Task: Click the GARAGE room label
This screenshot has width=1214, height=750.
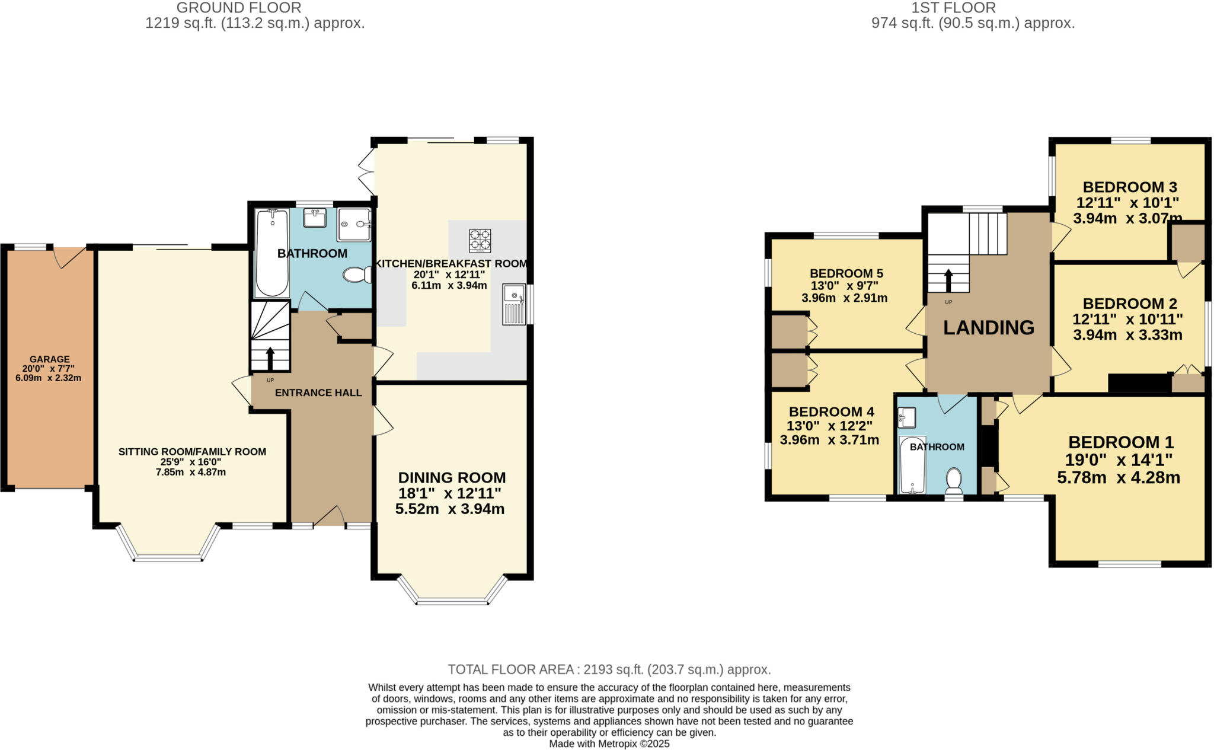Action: coord(50,359)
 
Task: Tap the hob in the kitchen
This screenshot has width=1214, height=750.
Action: coord(480,240)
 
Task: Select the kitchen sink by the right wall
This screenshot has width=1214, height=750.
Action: coord(513,304)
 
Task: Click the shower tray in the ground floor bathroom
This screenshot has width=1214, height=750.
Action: coord(354,224)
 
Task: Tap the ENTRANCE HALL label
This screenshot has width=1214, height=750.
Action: coord(318,392)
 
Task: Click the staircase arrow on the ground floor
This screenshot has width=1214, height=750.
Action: coord(270,358)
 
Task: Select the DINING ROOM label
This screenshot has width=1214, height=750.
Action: coord(452,477)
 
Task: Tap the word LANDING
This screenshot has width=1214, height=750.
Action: coord(988,327)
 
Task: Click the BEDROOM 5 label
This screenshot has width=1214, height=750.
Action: coord(846,273)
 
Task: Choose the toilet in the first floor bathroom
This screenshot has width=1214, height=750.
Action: coord(954,480)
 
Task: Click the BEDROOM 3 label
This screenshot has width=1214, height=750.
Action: coord(1130,187)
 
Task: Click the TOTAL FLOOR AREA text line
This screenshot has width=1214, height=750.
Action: coord(609,669)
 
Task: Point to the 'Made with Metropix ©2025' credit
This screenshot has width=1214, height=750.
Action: coord(609,743)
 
